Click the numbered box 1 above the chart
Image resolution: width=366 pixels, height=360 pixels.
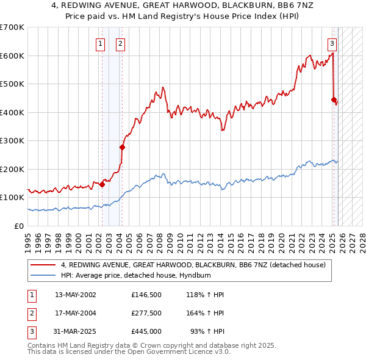(100, 43)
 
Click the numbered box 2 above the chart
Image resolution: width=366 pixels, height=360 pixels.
(121, 43)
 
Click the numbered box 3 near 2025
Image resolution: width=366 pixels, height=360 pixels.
(332, 43)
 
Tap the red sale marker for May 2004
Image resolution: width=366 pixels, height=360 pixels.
(122, 147)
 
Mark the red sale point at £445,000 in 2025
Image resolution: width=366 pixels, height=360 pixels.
(334, 100)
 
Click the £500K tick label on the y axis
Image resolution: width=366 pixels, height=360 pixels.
(12, 84)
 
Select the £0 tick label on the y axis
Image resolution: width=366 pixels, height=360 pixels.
(20, 226)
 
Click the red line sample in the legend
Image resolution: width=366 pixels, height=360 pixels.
(43, 265)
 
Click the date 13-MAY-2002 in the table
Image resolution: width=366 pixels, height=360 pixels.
(75, 295)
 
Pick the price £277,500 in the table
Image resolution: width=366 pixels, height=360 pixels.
(146, 313)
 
